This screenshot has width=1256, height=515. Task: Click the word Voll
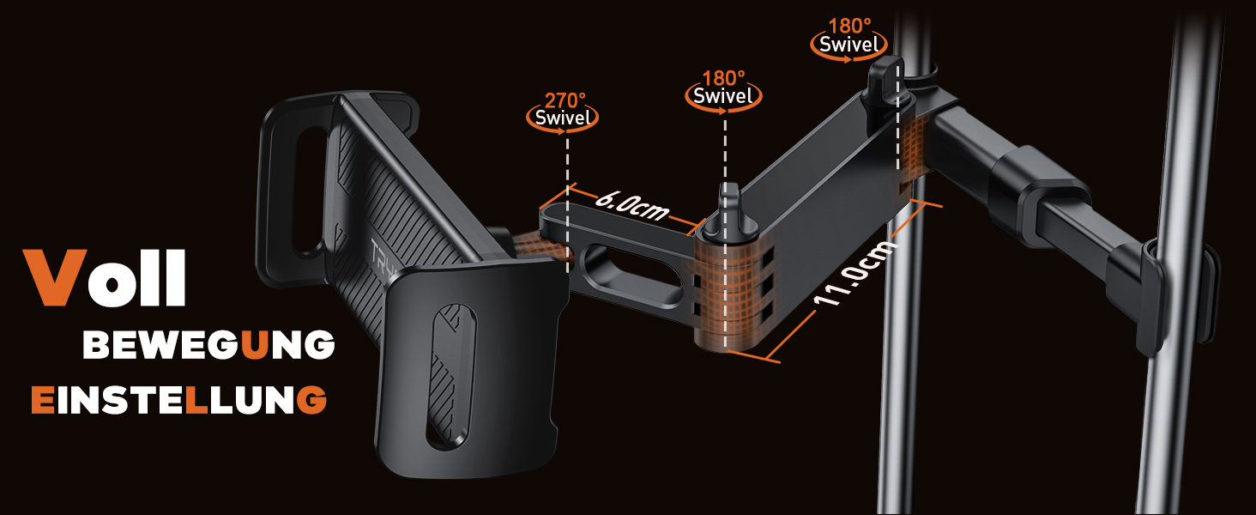click(x=105, y=278)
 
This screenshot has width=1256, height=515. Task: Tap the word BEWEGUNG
click(x=208, y=344)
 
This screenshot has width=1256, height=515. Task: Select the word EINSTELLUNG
click(x=178, y=399)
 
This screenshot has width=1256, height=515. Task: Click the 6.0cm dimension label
click(x=632, y=205)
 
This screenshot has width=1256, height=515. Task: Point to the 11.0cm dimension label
click(x=855, y=273)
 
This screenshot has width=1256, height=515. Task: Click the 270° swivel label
click(x=563, y=110)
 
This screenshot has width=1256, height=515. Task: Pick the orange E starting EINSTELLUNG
click(x=43, y=399)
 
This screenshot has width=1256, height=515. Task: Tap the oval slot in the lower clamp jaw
click(x=451, y=375)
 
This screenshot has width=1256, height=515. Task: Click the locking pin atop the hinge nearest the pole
click(x=886, y=80)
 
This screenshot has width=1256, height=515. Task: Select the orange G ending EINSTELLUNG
click(x=311, y=399)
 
